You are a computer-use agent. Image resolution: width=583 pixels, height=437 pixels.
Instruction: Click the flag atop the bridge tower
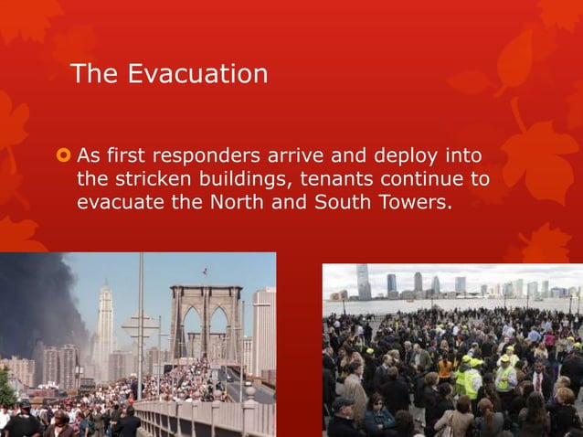204,272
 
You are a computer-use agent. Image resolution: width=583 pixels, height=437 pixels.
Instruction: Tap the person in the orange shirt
446,366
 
